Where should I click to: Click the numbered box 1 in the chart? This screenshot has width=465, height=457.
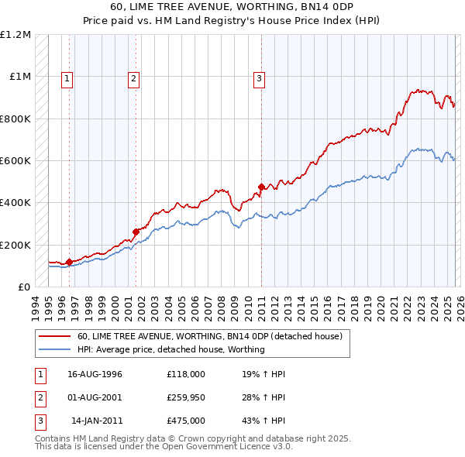[67, 77]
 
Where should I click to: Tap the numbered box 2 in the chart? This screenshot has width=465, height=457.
[134, 77]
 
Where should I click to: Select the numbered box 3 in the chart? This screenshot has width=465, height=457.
[258, 77]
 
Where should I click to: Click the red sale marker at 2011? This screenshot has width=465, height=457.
[261, 187]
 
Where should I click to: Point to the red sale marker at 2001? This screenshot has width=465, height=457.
[136, 232]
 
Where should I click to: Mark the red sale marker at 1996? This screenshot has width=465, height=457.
[70, 262]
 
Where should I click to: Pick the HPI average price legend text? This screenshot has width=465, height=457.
[170, 349]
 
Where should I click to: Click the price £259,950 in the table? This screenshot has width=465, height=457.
[185, 397]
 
